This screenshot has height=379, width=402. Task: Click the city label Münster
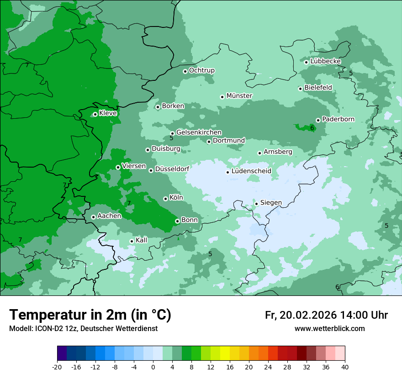(239, 96)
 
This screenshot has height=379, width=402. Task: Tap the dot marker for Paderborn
(318, 120)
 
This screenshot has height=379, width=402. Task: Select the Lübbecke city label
(325, 61)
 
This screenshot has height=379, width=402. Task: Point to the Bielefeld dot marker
(301, 89)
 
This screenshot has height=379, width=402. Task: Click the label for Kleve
(108, 113)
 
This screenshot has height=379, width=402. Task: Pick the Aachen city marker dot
(93, 217)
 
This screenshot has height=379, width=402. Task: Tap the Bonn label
(190, 220)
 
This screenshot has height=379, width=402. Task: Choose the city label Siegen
(271, 203)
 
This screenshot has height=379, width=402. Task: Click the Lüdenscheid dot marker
(227, 172)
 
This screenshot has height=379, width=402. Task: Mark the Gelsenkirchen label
(199, 132)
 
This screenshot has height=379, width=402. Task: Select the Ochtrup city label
(201, 70)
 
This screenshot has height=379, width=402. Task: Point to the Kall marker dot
(132, 241)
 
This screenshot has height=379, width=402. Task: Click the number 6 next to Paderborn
(312, 128)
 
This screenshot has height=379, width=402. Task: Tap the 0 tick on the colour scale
(153, 367)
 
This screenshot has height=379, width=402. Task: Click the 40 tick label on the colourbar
(345, 367)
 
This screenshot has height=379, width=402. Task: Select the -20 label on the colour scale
(57, 367)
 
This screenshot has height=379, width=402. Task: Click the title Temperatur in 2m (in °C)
(90, 315)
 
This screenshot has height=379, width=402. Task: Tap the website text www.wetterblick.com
(329, 328)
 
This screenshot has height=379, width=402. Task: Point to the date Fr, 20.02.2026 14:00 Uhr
(326, 315)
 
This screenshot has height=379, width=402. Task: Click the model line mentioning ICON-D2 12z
(83, 328)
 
